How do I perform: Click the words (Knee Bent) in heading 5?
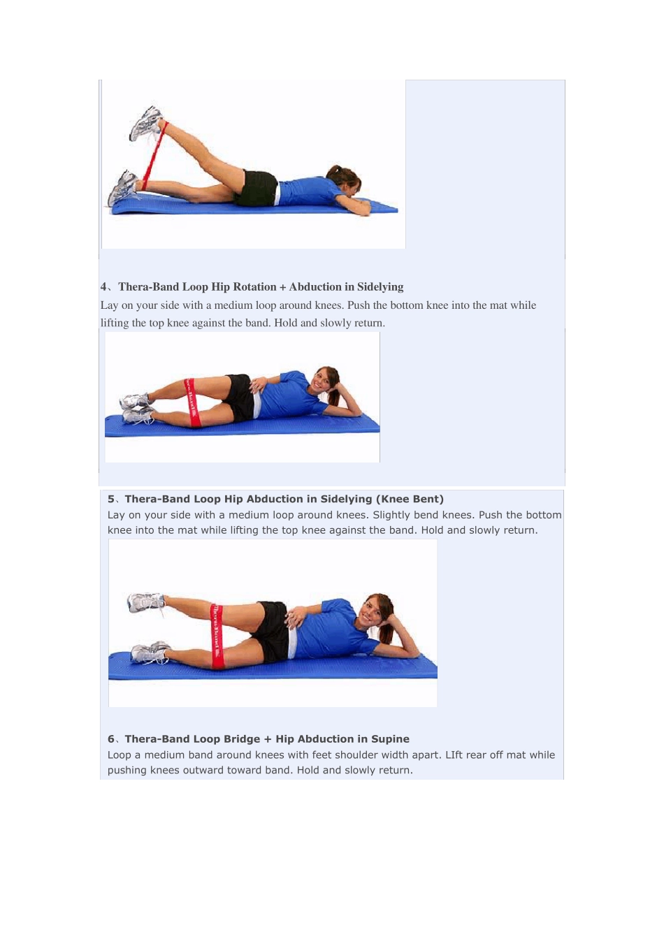coord(410,499)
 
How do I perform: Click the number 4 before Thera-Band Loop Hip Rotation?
coord(103,287)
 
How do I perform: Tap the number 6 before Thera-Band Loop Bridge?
coord(110,738)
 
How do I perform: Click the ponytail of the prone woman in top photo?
coord(335,173)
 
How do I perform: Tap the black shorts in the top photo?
coord(256,188)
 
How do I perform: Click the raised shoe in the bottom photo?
coord(145,602)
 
